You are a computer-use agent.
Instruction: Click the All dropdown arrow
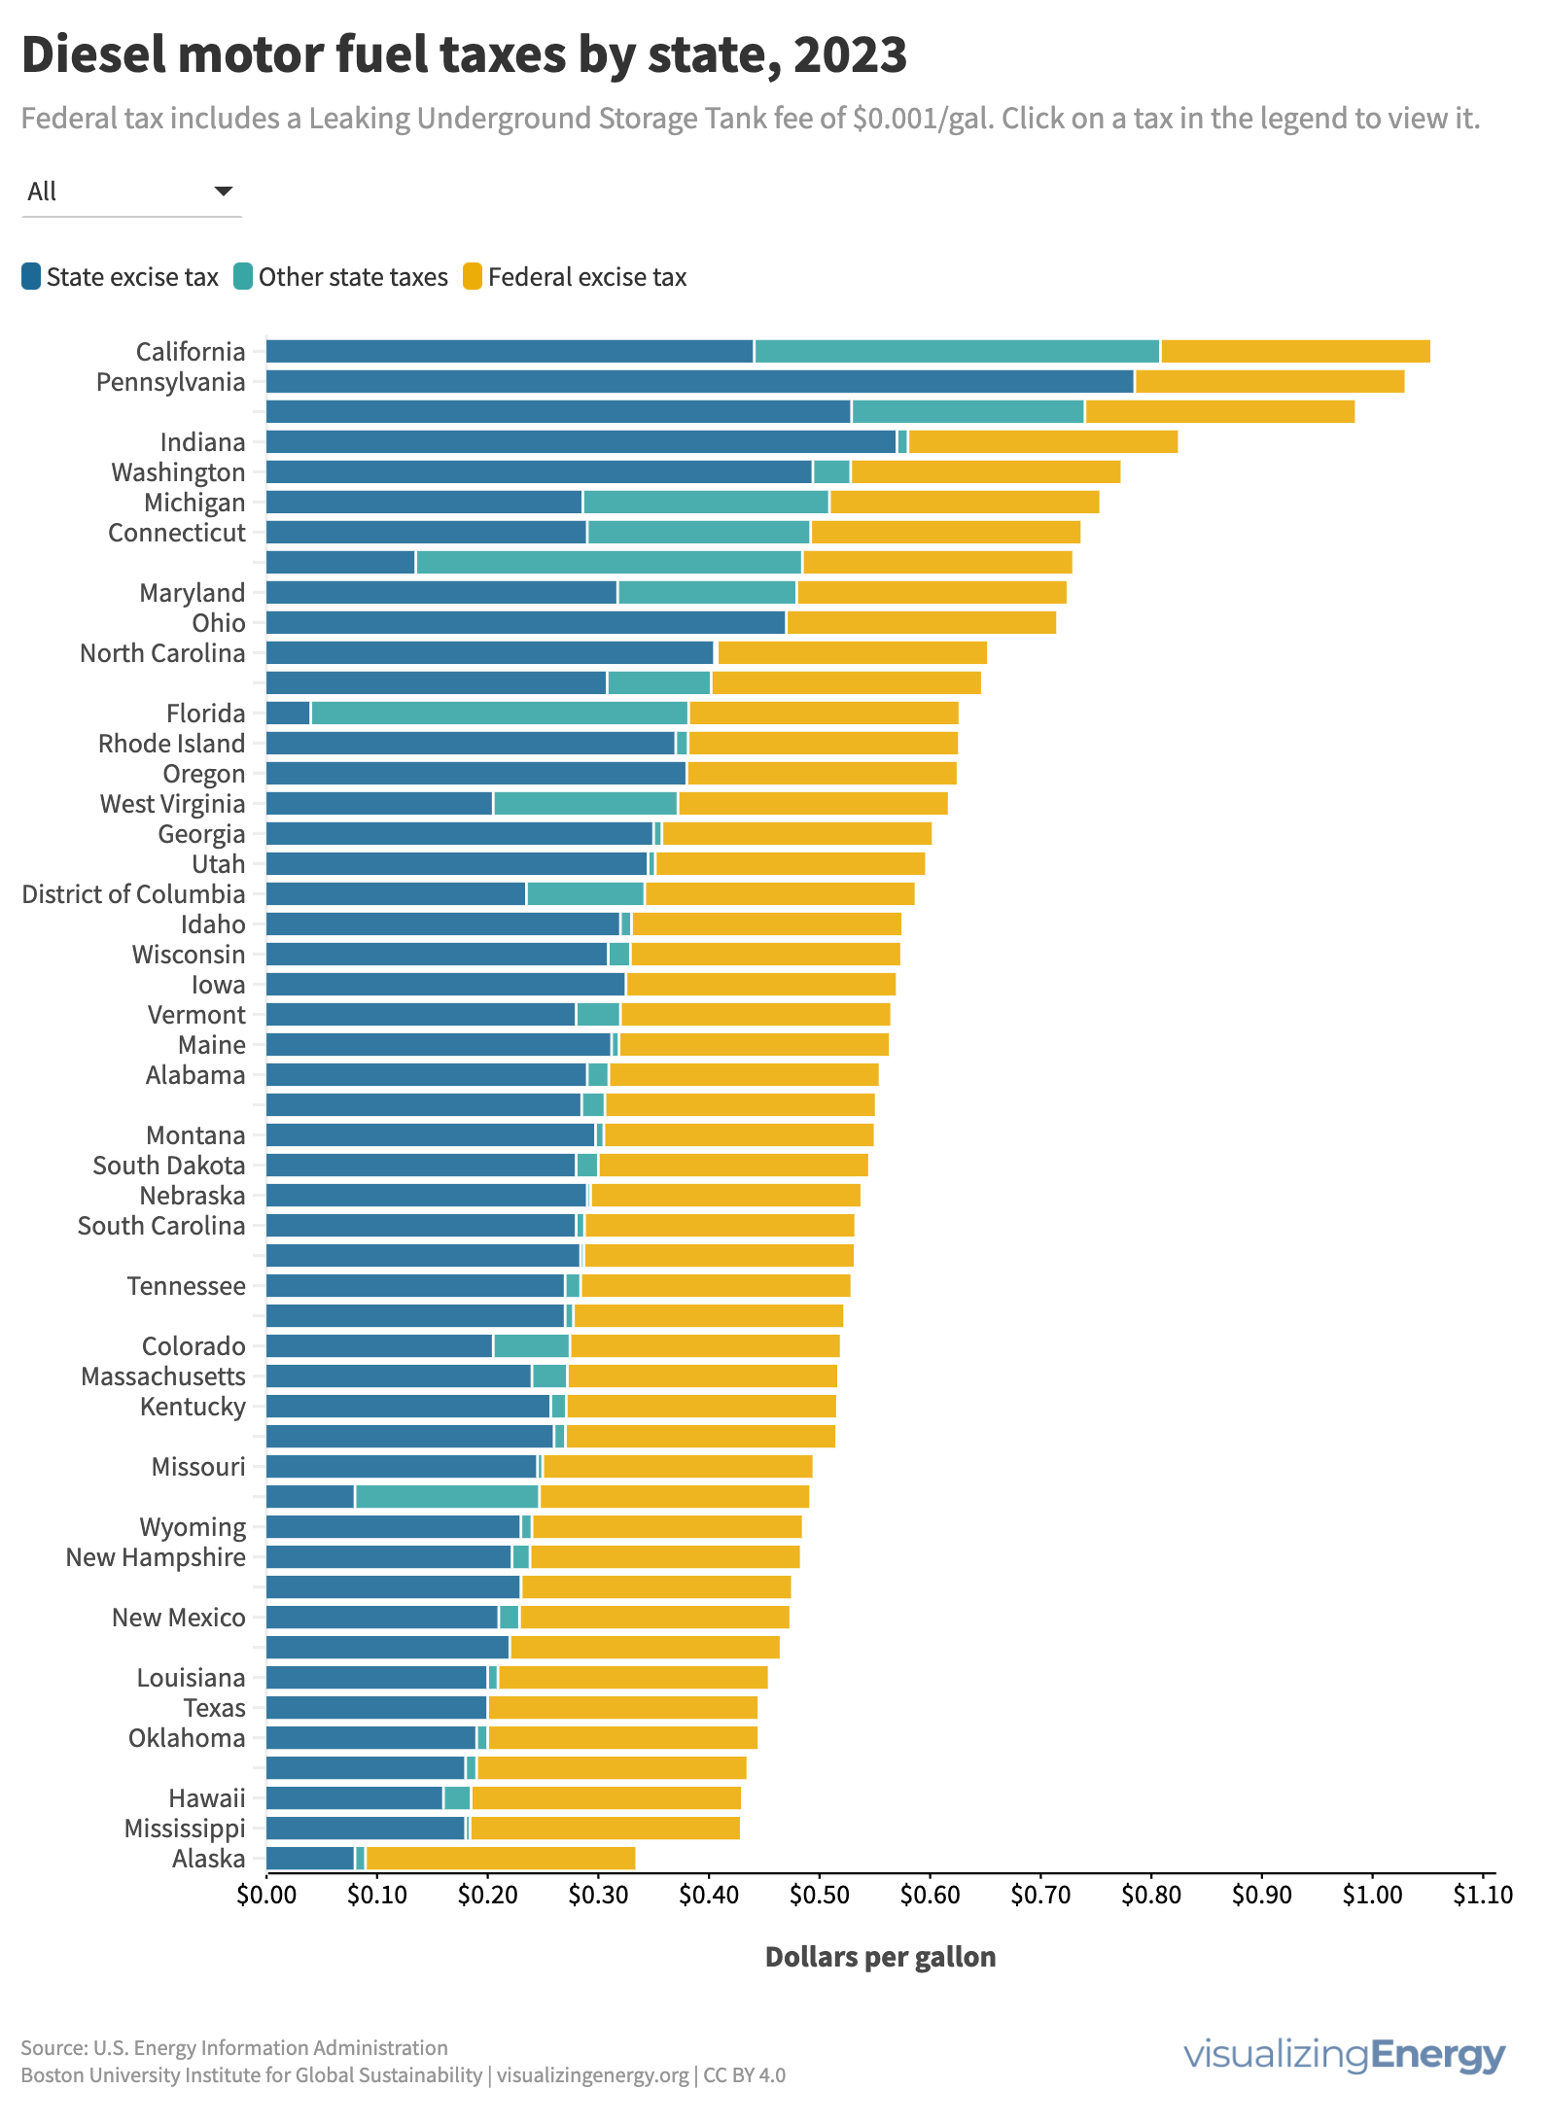[x=224, y=192]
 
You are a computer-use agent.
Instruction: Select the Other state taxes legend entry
[x=340, y=277]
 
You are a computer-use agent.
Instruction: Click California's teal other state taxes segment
[x=957, y=352]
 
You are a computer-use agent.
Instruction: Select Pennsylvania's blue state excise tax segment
[x=700, y=382]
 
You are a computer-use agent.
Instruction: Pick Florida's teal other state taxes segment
[x=499, y=714]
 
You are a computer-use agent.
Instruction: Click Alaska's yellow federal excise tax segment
[x=501, y=1859]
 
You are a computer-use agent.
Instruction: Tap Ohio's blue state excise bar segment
[x=525, y=623]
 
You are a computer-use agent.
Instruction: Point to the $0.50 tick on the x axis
[x=819, y=1895]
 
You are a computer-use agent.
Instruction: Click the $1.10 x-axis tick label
[x=1483, y=1895]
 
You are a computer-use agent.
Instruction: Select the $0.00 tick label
[x=266, y=1895]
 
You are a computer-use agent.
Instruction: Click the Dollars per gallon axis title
[x=880, y=1957]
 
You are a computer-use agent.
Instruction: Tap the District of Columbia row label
[x=133, y=894]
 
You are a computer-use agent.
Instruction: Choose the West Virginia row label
[x=172, y=804]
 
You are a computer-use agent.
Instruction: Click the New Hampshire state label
[x=156, y=1557]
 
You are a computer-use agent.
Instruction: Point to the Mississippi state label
[x=185, y=1829]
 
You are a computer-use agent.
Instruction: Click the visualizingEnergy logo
[x=1344, y=2055]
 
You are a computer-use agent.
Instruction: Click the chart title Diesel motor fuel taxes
[x=464, y=54]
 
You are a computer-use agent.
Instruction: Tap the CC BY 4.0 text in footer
[x=744, y=2075]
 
